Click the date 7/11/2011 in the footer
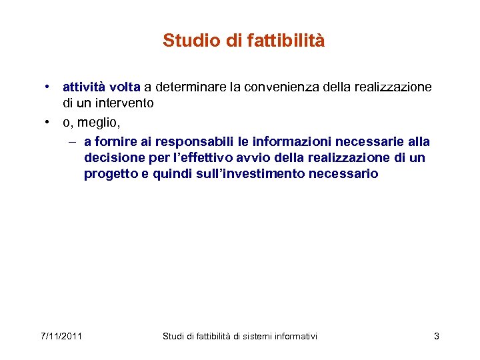60,336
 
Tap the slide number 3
437,336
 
